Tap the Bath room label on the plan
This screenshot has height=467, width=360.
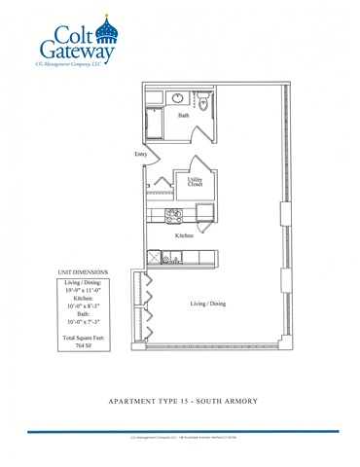point(184,116)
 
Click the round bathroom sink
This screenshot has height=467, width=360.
point(179,98)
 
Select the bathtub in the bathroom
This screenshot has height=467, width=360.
point(154,125)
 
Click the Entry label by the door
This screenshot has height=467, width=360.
point(141,155)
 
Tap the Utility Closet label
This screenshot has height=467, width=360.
point(195,182)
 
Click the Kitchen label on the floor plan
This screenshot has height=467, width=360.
point(184,236)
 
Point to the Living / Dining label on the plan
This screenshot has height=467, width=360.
point(207,304)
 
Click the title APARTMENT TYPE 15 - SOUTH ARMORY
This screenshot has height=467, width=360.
point(180,400)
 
